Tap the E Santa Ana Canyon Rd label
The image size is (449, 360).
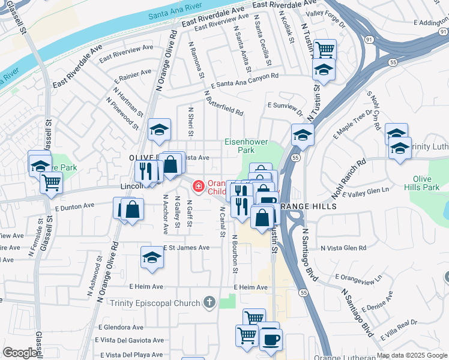point(244,79)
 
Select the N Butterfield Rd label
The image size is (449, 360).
point(223,104)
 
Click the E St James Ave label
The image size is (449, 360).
point(187,248)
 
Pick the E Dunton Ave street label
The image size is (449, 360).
point(74,206)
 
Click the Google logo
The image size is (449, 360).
point(19,353)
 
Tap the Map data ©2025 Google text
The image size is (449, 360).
point(412,355)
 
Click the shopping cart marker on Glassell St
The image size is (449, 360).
point(52,182)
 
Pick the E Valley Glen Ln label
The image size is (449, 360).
point(368,193)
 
